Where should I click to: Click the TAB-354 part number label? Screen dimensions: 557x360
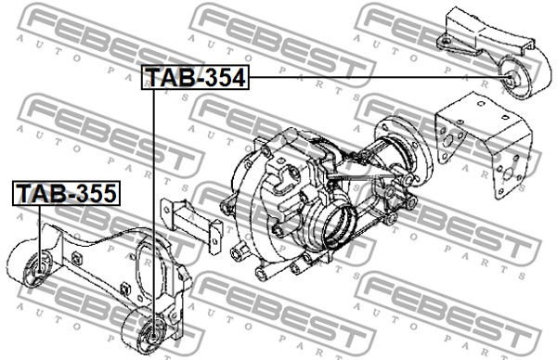click(x=195, y=77)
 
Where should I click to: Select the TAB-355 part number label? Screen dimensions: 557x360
click(x=67, y=193)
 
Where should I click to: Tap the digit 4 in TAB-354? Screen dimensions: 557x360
click(x=237, y=77)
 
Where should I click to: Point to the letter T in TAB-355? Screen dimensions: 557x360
click(x=25, y=193)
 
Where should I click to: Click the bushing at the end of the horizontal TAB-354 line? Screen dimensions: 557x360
click(x=512, y=78)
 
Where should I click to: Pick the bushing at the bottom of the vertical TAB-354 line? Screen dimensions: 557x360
click(x=153, y=333)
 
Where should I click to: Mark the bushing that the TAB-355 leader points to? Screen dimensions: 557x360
click(x=38, y=270)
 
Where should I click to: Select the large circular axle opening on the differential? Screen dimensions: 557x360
click(x=339, y=226)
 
